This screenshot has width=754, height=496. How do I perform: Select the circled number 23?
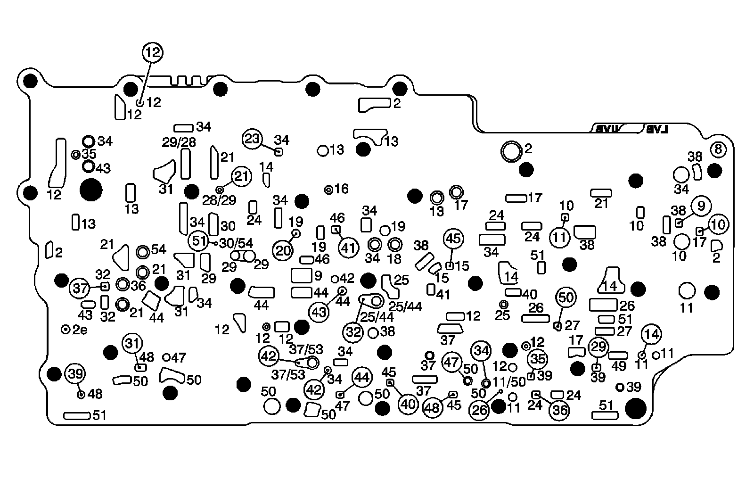(x=253, y=139)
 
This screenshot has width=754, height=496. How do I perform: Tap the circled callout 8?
(x=718, y=150)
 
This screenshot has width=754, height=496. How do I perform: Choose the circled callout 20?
(x=284, y=251)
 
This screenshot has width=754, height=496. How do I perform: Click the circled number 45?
(x=453, y=239)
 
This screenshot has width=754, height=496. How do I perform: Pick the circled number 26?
(x=480, y=410)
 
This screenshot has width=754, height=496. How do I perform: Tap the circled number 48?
(x=433, y=408)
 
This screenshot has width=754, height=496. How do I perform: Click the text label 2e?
(x=81, y=330)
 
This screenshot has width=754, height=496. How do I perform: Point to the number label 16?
(x=342, y=189)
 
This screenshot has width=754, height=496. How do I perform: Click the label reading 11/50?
(x=509, y=381)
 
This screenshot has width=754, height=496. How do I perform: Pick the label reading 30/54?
(x=237, y=243)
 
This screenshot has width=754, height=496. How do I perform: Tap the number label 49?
(x=619, y=366)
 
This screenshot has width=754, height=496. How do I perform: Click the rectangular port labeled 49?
(x=618, y=355)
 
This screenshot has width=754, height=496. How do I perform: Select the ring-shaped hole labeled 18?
(x=395, y=244)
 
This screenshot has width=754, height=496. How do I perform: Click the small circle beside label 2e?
(x=66, y=329)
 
